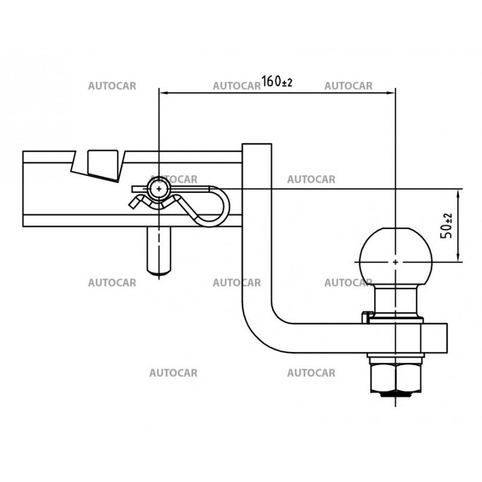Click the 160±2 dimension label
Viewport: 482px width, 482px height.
click(277, 82)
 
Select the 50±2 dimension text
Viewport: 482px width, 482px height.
click(447, 224)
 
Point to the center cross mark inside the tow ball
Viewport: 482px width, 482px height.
click(395, 262)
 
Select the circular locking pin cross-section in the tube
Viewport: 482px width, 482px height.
click(158, 189)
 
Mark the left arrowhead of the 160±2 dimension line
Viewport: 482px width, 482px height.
click(163, 92)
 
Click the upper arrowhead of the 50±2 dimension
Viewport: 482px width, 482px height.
click(459, 193)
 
